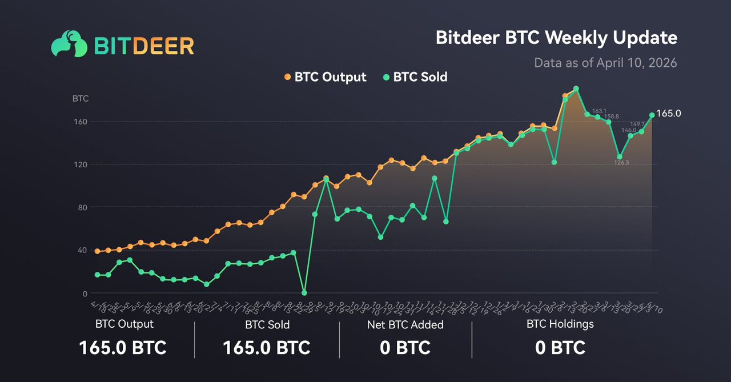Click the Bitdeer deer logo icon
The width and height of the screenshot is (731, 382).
coord(69,44)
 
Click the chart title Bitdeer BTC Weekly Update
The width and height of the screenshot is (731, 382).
coord(556,38)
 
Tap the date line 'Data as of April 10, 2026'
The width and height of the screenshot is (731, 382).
coord(605,62)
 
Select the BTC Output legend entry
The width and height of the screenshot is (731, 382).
coord(325,77)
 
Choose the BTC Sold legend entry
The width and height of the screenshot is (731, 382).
coord(415,77)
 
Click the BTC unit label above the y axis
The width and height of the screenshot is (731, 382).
coord(81,98)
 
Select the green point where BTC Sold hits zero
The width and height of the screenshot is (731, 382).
coord(304,292)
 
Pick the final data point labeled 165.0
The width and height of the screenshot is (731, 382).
coord(652,115)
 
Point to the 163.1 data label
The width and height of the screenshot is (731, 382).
coord(599,111)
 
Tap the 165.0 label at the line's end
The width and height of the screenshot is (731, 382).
coord(669,114)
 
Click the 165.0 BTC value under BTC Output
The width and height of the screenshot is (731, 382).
coord(123,347)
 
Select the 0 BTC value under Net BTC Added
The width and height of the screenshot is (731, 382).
coord(405,347)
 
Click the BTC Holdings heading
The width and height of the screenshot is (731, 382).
coord(560,324)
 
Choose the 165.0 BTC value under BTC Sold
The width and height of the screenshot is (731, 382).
coord(266,347)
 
